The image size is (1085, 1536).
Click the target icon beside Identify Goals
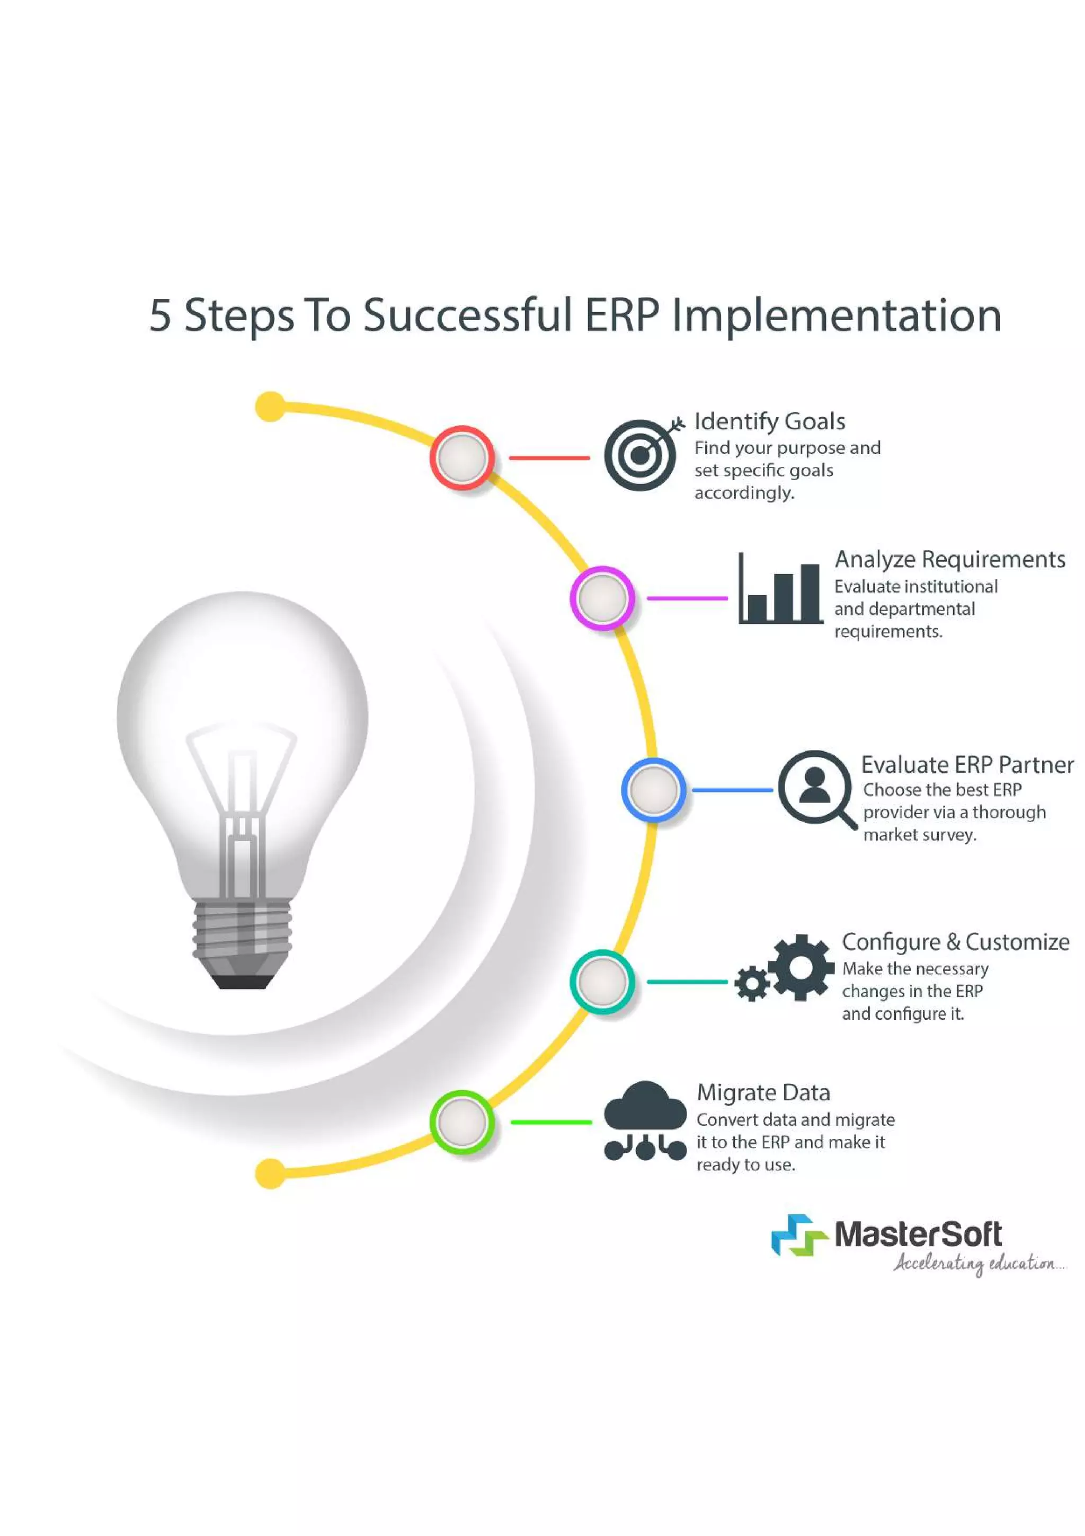[x=641, y=455]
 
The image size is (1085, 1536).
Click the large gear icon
[x=801, y=967]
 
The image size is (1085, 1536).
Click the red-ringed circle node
[x=461, y=457]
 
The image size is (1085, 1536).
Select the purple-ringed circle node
[x=602, y=598]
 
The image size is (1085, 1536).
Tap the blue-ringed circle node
[x=653, y=790]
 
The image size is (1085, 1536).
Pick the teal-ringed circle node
[x=602, y=982]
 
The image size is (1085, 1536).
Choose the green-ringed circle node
[x=461, y=1122]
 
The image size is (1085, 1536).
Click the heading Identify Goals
[x=769, y=421]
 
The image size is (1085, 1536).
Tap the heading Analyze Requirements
[x=949, y=559]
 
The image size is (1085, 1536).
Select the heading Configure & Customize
[x=955, y=942]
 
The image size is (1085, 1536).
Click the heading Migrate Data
[x=763, y=1092]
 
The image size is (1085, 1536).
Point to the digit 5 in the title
[x=160, y=316]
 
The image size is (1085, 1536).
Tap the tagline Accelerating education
[x=977, y=1264]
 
